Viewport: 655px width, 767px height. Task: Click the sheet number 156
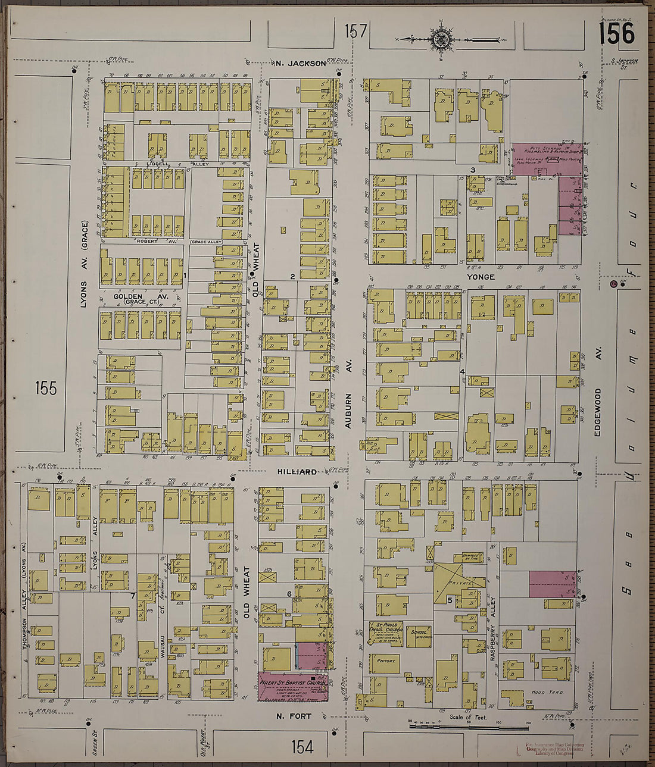tap(616, 33)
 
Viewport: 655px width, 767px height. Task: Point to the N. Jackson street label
tap(301, 63)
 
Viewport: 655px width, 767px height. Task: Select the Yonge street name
tap(481, 277)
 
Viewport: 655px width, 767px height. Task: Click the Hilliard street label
tap(296, 472)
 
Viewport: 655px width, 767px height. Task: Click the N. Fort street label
tap(294, 716)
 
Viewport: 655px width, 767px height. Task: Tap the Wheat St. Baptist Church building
tap(292, 687)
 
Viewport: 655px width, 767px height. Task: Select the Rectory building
tap(386, 661)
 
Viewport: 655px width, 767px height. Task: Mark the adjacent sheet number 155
tap(45, 389)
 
